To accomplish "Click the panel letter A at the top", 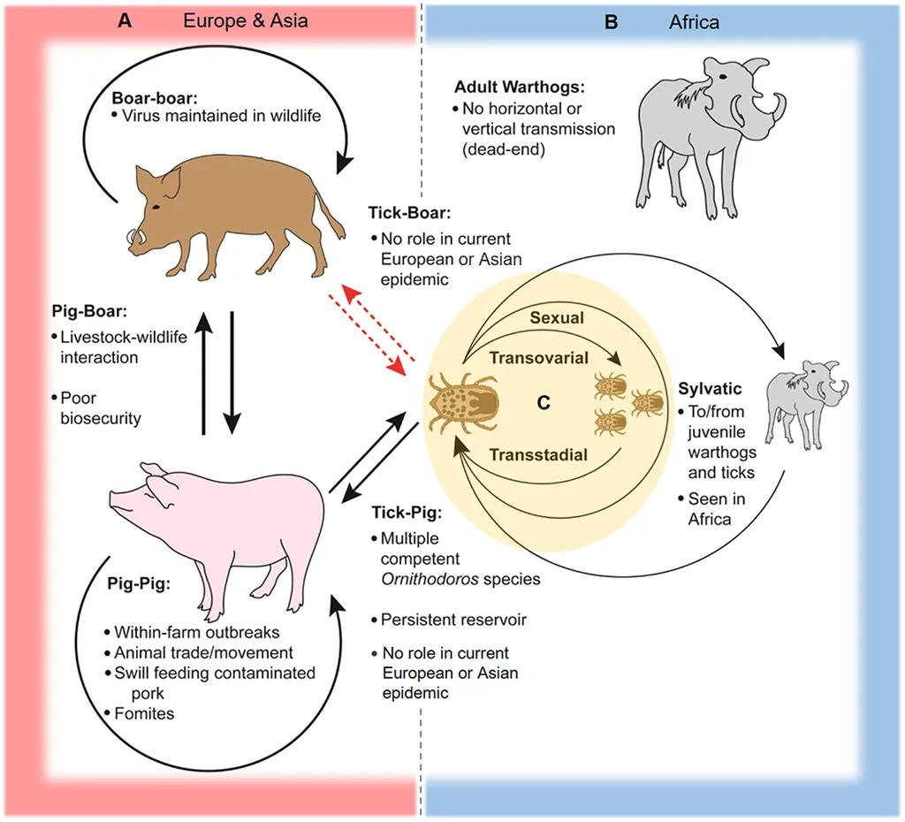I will point(125,20).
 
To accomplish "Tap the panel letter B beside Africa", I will point(611,20).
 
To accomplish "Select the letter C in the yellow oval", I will point(544,402).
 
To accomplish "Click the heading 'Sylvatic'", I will point(711,390).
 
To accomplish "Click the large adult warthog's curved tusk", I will point(772,110).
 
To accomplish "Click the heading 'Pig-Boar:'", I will point(91,312).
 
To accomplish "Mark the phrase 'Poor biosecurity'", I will point(100,407).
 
